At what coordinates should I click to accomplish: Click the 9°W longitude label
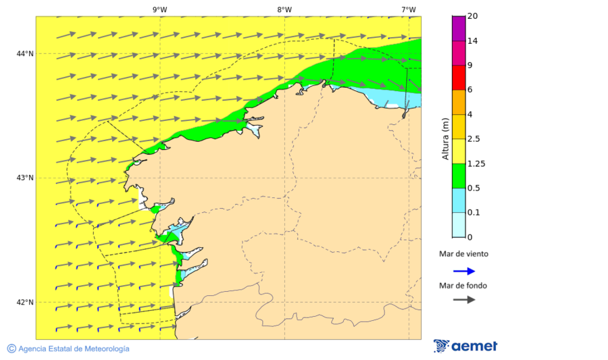159,9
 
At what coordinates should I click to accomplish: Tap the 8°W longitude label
284,9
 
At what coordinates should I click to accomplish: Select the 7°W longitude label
408,9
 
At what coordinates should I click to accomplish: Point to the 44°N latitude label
25,53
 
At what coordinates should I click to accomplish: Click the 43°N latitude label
25,178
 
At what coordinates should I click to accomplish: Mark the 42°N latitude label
25,302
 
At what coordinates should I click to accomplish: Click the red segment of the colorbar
459,78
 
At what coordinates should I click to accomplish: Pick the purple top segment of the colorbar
459,28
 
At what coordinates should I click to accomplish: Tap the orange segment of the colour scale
459,102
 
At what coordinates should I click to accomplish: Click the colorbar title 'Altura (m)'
445,138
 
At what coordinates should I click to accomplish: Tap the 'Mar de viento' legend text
463,255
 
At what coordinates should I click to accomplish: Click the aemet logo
465,346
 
